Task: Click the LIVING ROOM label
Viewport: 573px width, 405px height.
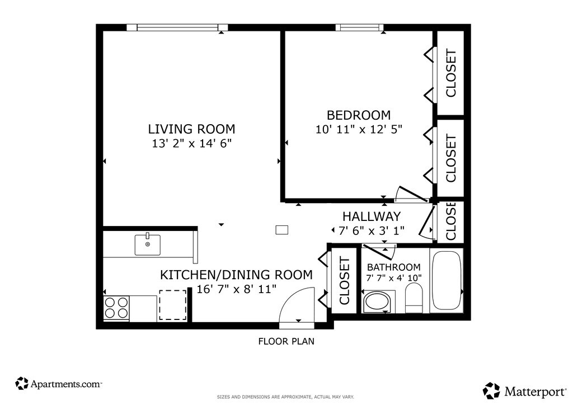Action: [191, 129]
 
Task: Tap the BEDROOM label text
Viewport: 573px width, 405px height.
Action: [359, 115]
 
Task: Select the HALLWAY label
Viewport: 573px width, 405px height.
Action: [372, 216]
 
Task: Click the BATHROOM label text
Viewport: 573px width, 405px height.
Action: [393, 267]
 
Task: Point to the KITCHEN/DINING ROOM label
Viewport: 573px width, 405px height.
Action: [237, 275]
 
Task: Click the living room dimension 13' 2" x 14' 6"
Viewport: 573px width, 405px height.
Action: [192, 143]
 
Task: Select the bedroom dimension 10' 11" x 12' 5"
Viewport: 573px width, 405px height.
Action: [359, 129]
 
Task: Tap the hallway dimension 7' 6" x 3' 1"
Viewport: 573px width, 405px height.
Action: [372, 231]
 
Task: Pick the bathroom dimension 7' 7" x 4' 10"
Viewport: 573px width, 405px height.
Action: [394, 278]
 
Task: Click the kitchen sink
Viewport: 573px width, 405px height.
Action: [148, 244]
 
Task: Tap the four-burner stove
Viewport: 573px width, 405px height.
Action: [116, 308]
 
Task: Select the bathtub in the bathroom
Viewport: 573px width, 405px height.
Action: [446, 280]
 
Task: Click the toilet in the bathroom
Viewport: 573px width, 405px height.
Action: [414, 298]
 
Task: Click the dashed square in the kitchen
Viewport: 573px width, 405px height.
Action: [173, 305]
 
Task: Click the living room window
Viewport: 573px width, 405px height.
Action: [177, 27]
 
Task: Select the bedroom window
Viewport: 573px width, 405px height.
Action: [359, 27]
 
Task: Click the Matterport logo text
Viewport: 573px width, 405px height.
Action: [536, 392]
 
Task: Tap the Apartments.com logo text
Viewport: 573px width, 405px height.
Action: [66, 384]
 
